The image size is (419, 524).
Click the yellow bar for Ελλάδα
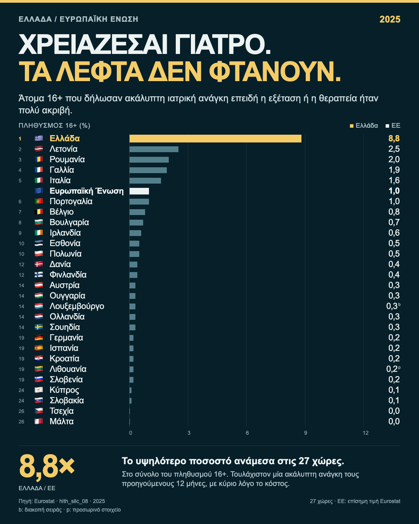215,139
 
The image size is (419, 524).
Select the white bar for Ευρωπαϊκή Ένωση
139,191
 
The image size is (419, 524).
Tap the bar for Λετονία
154,149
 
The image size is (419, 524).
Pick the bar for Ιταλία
145,180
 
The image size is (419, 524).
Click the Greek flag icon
39,139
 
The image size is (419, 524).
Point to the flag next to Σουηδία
39,327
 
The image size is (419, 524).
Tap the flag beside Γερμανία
39,337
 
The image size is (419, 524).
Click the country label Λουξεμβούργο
77,306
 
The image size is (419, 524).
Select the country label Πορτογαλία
71,201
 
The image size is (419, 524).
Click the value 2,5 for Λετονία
394,149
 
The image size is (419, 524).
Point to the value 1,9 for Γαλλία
394,170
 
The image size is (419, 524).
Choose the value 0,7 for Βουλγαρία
394,222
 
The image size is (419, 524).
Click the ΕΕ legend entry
393,126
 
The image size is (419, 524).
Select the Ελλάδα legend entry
364,126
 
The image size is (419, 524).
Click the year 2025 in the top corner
390,19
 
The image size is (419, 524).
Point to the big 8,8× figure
47,466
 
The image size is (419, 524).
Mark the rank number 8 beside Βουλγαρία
20,223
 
